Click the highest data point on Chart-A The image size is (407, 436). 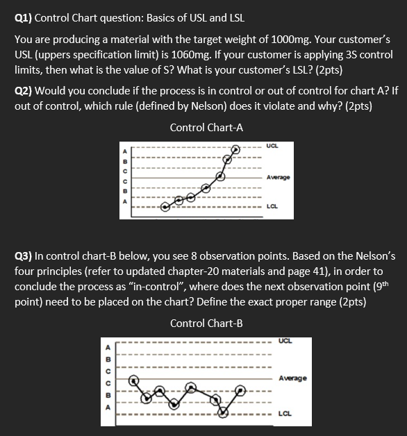tap(236, 149)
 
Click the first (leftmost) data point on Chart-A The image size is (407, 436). tap(165, 206)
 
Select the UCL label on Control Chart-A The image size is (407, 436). tap(273, 146)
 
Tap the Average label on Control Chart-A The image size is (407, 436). tap(278, 178)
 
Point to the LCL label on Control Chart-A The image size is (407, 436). tap(273, 206)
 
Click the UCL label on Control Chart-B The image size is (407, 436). tap(284, 340)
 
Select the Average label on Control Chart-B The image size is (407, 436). tap(292, 378)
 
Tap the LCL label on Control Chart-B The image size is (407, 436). tap(284, 412)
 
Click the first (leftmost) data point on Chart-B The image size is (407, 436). tap(136, 381)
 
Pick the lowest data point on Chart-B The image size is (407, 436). tap(223, 412)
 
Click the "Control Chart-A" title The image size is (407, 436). tap(206, 128)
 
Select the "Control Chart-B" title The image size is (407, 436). tap(206, 324)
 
